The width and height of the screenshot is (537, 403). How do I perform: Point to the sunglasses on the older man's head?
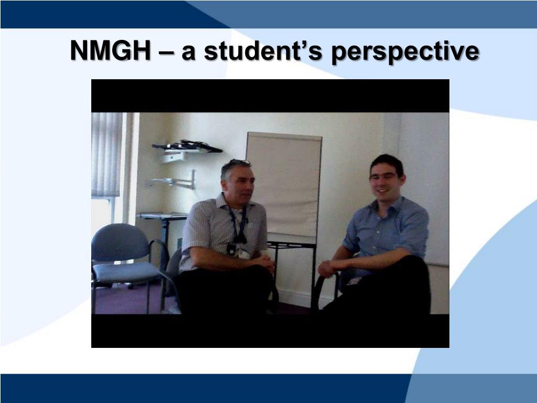[x=239, y=163]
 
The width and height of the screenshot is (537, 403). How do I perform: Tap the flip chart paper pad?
[x=284, y=184]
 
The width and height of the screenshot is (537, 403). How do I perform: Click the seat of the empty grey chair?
[x=126, y=272]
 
